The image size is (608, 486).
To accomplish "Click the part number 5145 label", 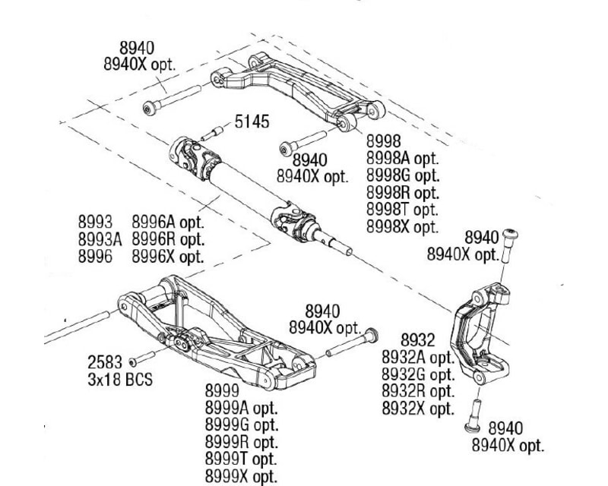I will (251, 121).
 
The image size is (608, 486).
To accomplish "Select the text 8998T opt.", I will (402, 210).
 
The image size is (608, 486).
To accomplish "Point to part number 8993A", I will (100, 239).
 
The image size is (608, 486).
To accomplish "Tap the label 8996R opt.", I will (168, 239).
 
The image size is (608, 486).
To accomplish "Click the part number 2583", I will (105, 361).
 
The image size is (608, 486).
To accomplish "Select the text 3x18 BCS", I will (119, 377).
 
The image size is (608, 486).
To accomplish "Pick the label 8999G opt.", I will (241, 425).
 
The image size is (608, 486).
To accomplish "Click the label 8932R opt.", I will (417, 391).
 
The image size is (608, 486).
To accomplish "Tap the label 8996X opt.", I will (168, 257).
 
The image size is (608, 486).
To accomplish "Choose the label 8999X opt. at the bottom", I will (241, 477).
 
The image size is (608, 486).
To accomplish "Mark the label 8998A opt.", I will (402, 159).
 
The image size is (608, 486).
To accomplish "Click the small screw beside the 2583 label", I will (141, 358).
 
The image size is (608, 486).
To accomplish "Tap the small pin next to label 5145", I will (211, 134).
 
